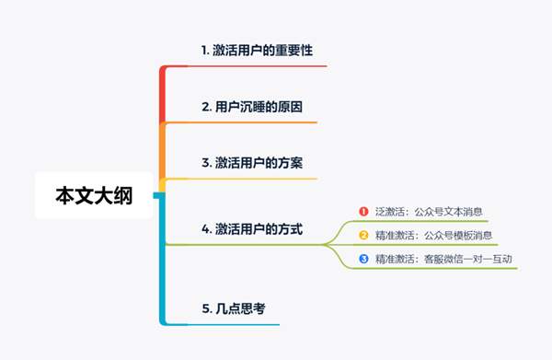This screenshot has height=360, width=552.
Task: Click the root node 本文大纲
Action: [94, 195]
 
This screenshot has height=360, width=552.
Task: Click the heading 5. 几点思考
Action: [234, 308]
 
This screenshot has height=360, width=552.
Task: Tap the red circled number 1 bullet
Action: [363, 211]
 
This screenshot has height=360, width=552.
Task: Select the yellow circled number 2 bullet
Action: [363, 235]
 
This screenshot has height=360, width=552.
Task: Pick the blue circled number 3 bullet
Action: [363, 259]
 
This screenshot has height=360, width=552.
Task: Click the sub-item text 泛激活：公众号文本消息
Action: [429, 211]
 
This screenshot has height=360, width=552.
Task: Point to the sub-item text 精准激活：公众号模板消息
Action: [433, 235]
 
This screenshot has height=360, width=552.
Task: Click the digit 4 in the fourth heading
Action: [205, 226]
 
